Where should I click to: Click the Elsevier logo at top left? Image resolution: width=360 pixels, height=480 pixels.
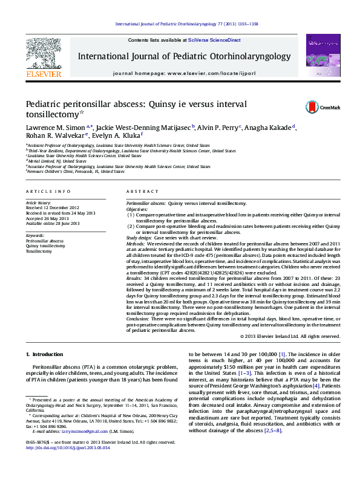(43, 57)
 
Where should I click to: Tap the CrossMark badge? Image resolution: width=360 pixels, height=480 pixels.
(315, 107)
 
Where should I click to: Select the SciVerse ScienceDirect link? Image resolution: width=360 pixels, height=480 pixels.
(214, 40)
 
